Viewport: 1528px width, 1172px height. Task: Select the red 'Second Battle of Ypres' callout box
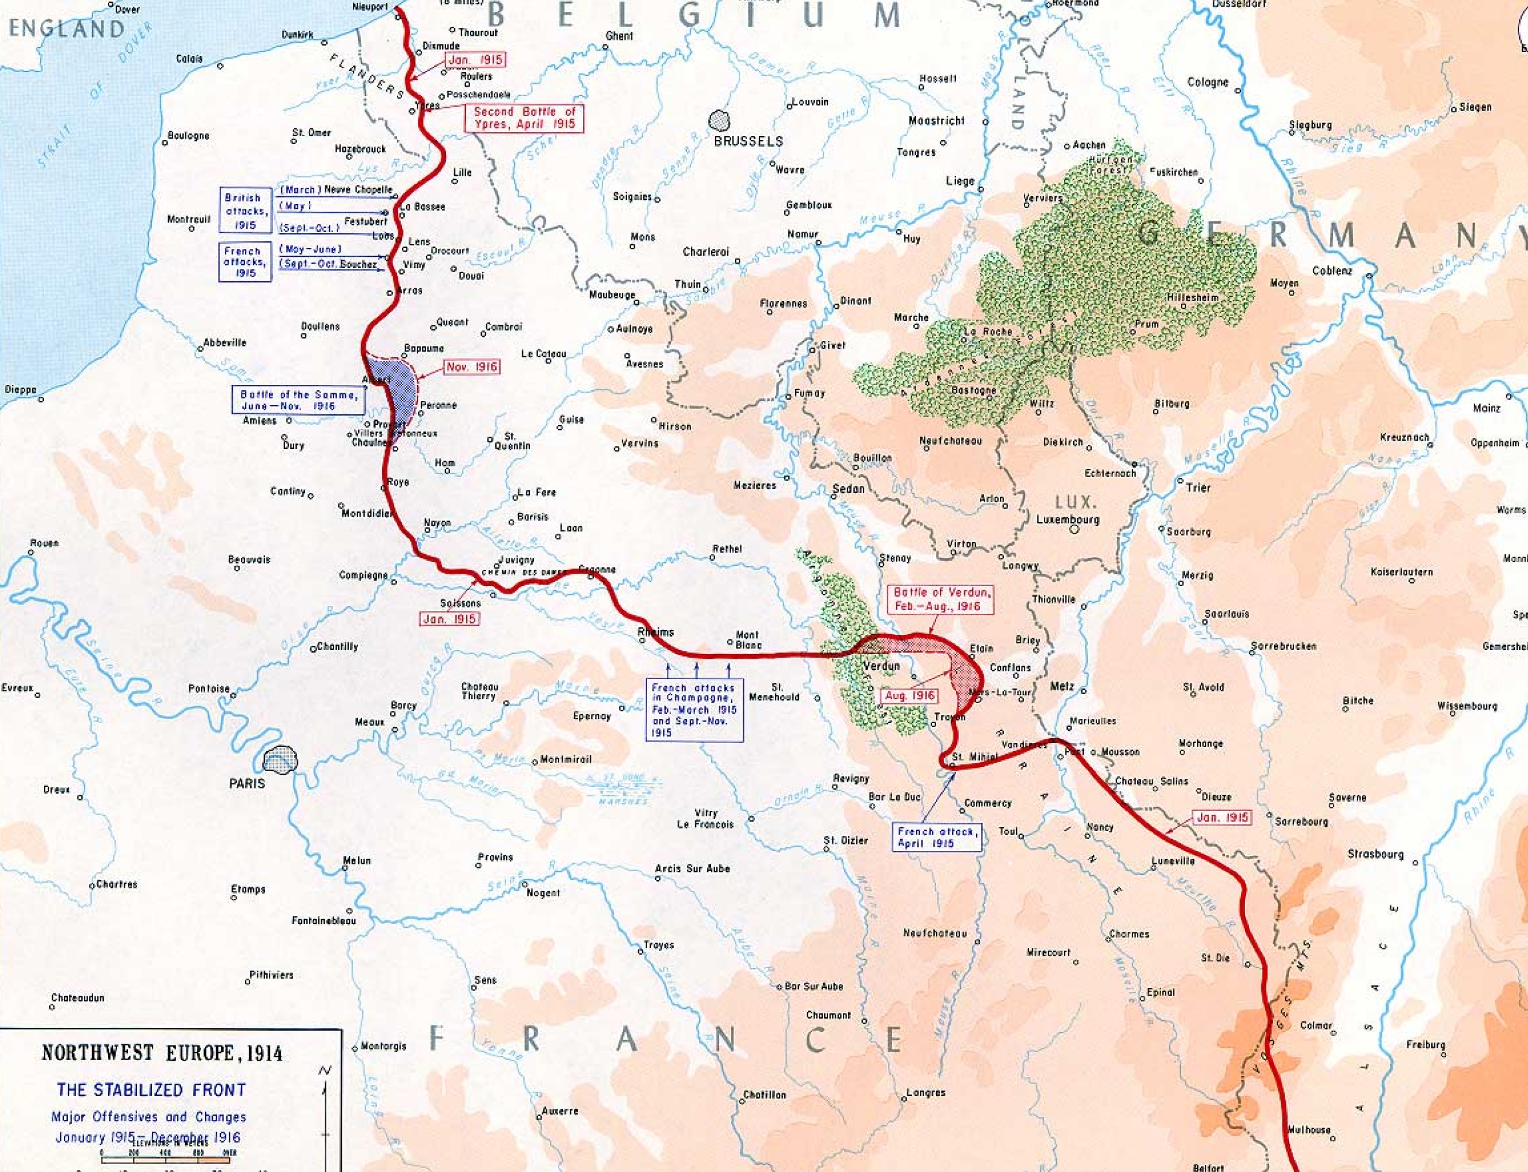coord(524,117)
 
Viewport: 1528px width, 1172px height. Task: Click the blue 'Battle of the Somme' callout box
coord(298,400)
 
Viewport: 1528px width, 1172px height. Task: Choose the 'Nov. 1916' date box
coord(472,367)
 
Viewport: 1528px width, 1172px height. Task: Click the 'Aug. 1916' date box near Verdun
coord(908,696)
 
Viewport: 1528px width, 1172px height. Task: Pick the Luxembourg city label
coord(1067,519)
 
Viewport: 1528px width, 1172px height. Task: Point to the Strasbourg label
coord(1374,853)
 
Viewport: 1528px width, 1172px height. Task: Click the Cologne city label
coord(1207,82)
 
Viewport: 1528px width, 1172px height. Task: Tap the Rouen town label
coord(44,543)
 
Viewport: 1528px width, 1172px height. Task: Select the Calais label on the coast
coord(189,59)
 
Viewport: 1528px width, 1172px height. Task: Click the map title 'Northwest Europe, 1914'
coord(162,1052)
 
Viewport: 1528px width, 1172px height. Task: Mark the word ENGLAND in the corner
coord(66,29)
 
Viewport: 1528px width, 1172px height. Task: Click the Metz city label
coord(1062,686)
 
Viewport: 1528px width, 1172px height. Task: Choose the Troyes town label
coord(659,945)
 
